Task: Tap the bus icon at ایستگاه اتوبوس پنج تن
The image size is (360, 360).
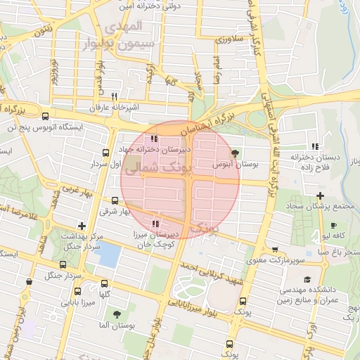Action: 46,117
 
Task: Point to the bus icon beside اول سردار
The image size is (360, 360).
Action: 105,152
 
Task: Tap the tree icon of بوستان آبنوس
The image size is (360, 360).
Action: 235,153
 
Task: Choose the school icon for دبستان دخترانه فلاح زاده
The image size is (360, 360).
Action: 316,146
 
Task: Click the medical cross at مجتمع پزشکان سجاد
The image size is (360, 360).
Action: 320,195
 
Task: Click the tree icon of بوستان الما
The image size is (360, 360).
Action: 117,314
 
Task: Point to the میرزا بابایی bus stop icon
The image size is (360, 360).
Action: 77,291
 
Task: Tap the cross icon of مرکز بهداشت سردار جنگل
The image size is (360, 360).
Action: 82,226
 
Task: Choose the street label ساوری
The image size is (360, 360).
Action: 229,41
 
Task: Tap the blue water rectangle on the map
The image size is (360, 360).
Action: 110,255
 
